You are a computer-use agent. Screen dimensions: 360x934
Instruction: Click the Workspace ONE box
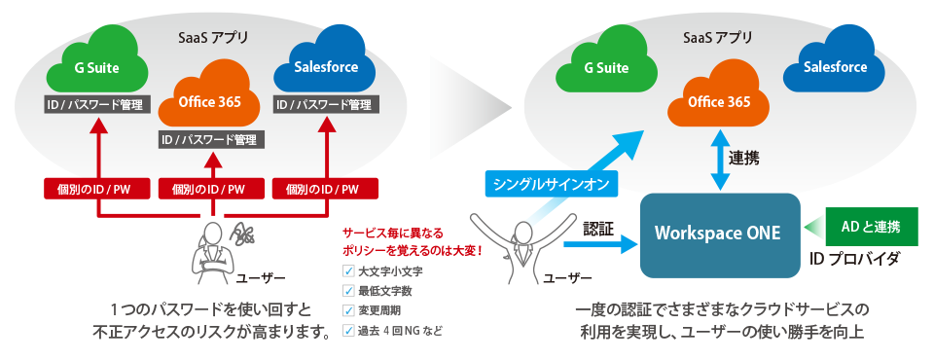pyautogui.click(x=719, y=234)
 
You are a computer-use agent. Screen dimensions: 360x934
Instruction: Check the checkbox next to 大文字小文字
pyautogui.click(x=348, y=272)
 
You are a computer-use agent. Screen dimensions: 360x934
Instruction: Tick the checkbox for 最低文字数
pyautogui.click(x=348, y=291)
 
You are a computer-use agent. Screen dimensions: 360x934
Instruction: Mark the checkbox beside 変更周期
pyautogui.click(x=348, y=310)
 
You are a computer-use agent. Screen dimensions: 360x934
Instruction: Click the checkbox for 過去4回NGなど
pyautogui.click(x=348, y=330)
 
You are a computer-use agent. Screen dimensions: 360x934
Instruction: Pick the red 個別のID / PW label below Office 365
pyautogui.click(x=209, y=188)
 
